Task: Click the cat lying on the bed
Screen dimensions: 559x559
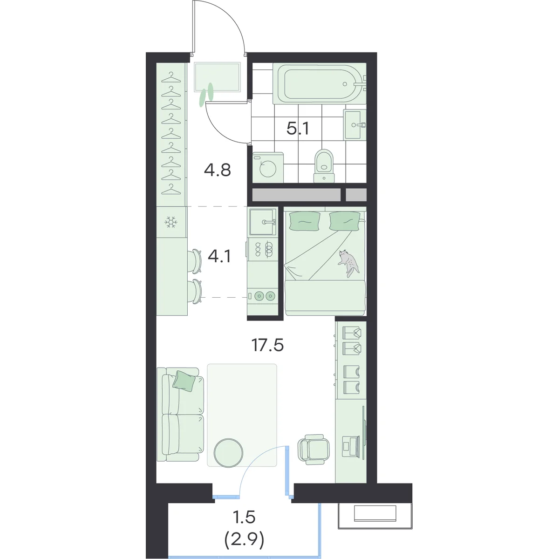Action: click(349, 262)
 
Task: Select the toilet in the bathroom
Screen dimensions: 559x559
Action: click(324, 166)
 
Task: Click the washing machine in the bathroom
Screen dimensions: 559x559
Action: click(268, 168)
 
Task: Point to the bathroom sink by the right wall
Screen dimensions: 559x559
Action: click(355, 125)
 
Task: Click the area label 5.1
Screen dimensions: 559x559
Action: click(298, 129)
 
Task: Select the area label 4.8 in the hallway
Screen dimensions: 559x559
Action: click(218, 170)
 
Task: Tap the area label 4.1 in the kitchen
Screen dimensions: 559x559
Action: click(219, 256)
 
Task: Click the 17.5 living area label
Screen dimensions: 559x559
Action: click(267, 345)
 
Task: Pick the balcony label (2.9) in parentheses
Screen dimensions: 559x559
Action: click(244, 540)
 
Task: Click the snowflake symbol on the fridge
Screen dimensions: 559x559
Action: click(171, 222)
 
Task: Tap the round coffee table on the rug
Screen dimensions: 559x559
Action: click(228, 453)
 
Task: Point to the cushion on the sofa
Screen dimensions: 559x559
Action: click(184, 381)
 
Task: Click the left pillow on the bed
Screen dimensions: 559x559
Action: click(305, 221)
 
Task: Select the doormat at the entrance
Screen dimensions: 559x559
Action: click(218, 77)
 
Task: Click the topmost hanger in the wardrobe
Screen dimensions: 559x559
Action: click(171, 77)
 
